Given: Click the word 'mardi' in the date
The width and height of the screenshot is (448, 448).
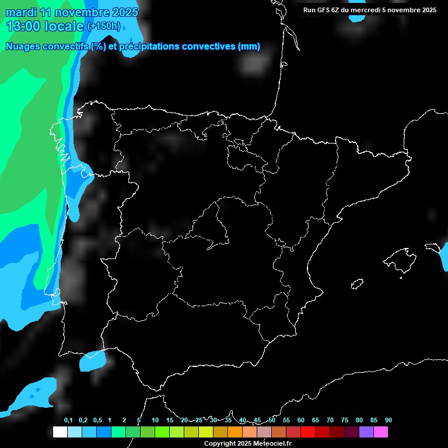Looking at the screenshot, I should click(20, 12).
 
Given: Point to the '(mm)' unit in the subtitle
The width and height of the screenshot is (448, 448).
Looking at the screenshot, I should click(249, 47).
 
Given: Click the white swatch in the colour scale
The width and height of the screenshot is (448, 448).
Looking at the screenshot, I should click(60, 432).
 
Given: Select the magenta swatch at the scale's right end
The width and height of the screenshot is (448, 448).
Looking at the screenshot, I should click(380, 432).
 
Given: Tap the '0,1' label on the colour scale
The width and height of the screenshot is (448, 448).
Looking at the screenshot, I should click(68, 421).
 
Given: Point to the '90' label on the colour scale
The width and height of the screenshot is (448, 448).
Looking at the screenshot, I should click(388, 421).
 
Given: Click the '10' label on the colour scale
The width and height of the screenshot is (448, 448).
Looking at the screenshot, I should click(155, 421).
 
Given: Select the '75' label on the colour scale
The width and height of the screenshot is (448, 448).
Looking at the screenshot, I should click(345, 421).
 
